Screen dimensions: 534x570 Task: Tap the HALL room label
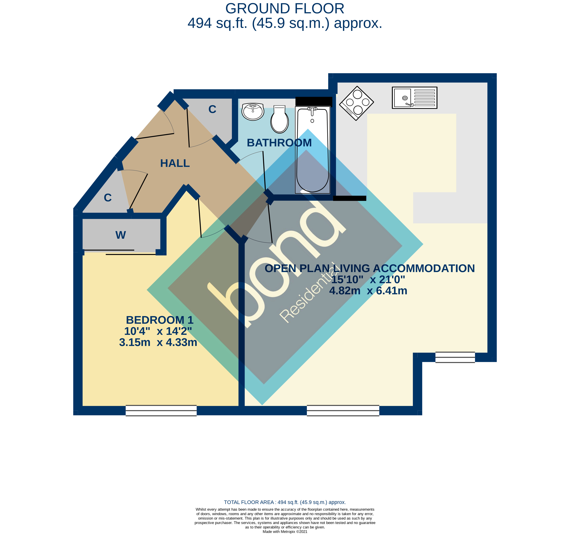point(175,163)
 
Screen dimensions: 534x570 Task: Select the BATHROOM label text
point(279,143)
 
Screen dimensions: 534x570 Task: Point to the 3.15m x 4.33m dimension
point(158,342)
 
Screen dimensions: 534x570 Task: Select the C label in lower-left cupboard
point(108,198)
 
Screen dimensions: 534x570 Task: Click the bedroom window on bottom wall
point(161,411)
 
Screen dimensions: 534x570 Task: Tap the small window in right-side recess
point(455,357)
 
